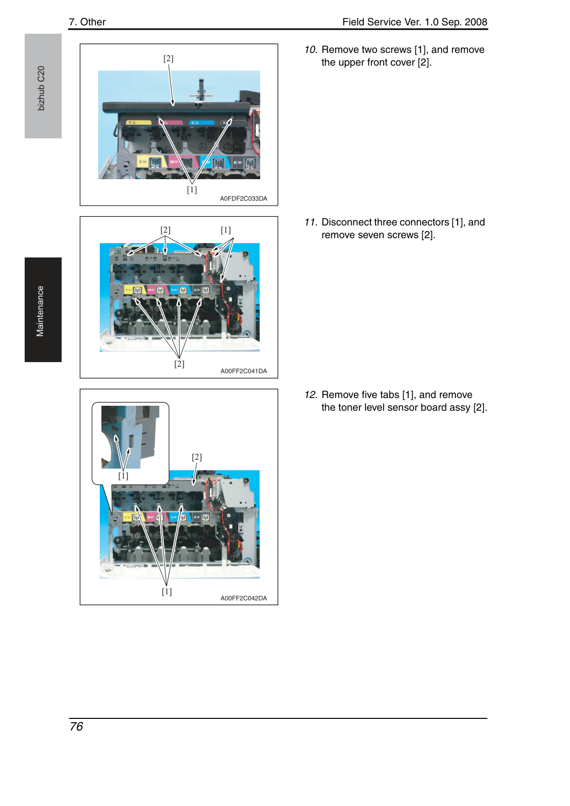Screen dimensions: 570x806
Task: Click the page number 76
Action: point(76,727)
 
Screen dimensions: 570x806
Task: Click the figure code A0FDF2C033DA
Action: point(244,198)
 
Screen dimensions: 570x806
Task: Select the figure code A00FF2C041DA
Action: point(244,371)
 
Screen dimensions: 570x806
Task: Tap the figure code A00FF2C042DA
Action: point(244,598)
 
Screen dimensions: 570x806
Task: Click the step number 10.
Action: point(311,50)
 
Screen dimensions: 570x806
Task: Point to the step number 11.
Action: point(311,222)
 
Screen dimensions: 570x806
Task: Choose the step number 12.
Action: point(311,395)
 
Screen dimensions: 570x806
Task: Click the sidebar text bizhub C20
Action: point(41,88)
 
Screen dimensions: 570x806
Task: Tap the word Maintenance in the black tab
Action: point(40,311)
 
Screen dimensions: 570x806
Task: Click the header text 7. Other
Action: point(88,22)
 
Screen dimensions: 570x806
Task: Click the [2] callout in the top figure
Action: point(169,58)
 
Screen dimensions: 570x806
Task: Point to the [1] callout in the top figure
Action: point(192,190)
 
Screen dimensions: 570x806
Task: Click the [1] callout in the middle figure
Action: point(225,230)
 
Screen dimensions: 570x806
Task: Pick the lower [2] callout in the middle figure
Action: point(179,364)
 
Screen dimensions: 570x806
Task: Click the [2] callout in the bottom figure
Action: point(197,457)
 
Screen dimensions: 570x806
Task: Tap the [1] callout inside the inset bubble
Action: point(123,476)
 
